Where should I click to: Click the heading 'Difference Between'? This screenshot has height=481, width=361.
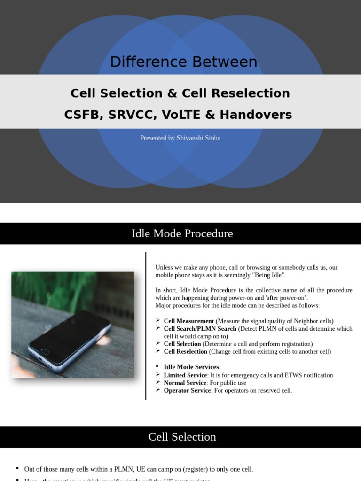(183, 62)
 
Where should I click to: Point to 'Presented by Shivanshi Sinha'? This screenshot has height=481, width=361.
(180, 138)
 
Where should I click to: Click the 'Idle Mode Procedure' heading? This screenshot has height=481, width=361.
(182, 233)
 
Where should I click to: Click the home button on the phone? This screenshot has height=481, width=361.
(45, 351)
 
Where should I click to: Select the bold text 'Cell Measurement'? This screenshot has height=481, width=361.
(188, 321)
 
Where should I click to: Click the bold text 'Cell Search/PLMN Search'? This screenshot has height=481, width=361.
(200, 329)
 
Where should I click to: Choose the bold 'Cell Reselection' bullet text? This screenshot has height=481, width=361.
(185, 351)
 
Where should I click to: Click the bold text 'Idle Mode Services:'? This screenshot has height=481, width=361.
(192, 367)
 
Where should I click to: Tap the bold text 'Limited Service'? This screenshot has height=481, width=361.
(185, 375)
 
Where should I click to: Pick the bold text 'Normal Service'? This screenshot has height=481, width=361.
(185, 383)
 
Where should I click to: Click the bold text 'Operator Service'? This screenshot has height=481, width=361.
(187, 390)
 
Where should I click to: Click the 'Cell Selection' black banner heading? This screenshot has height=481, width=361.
(182, 437)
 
